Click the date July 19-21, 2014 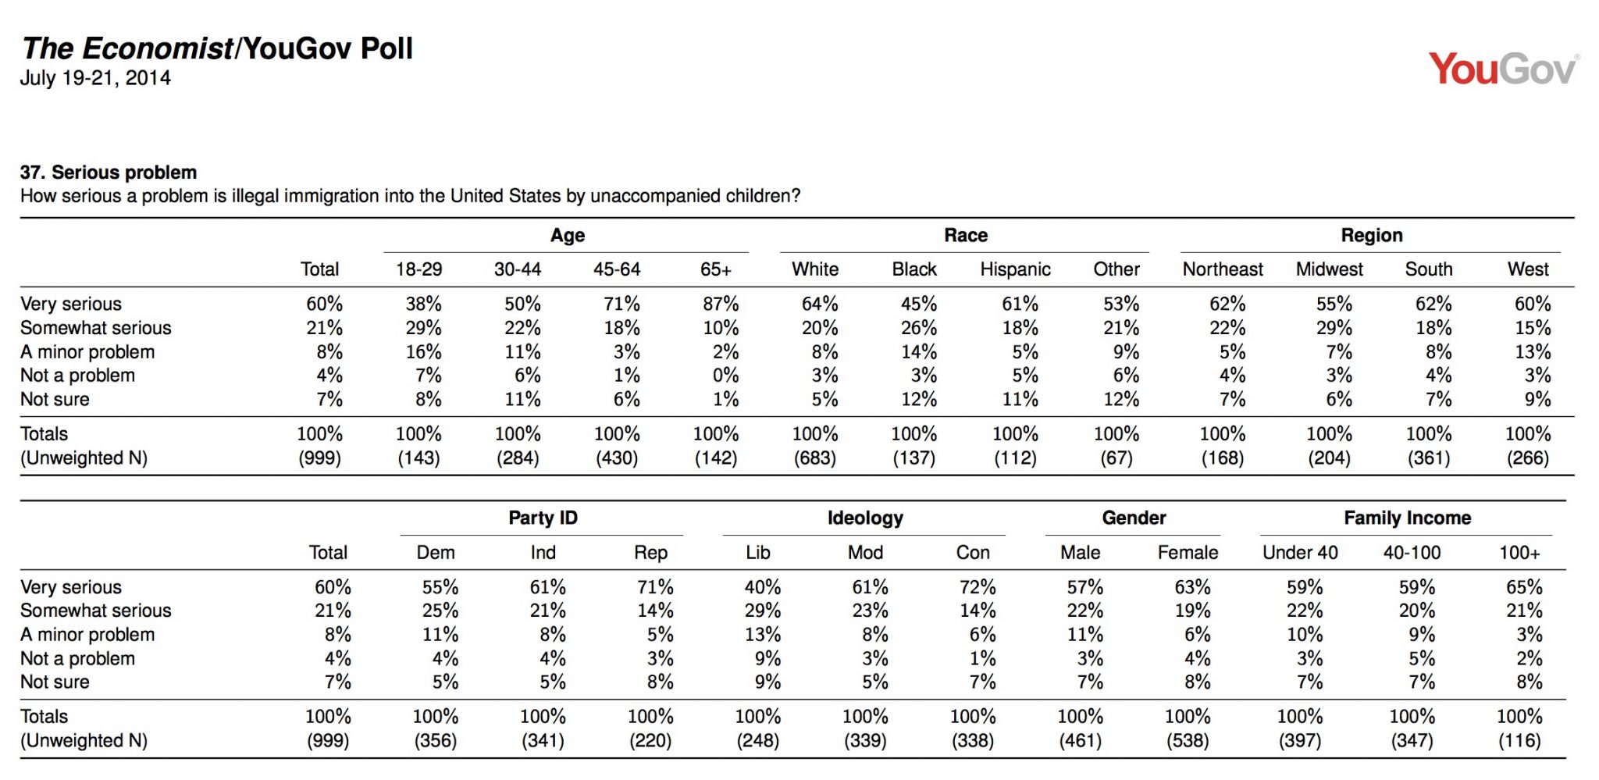(95, 78)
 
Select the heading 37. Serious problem (109, 173)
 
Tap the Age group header (568, 236)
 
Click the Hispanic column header (1015, 269)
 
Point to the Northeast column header (1223, 269)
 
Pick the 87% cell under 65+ (720, 304)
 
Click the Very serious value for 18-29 (423, 304)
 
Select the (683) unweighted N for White (815, 458)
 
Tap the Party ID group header (543, 518)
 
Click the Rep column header (650, 553)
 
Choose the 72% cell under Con (978, 587)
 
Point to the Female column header (1188, 553)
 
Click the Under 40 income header (1300, 553)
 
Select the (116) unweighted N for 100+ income (1519, 741)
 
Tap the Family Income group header (1407, 518)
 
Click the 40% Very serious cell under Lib (762, 587)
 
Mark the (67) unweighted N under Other (1116, 458)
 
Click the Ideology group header (865, 518)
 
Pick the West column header (1528, 269)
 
